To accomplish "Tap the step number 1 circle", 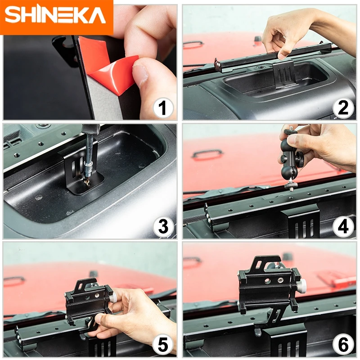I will coord(163,108).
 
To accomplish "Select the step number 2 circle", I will coord(343,108).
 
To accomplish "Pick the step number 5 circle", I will coord(163,346).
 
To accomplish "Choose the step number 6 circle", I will coord(343,346).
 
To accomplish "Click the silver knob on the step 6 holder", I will coord(303,284).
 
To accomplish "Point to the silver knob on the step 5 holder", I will coord(116,298).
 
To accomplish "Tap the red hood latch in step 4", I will coord(207,155).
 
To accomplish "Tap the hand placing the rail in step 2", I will coord(288,34).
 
